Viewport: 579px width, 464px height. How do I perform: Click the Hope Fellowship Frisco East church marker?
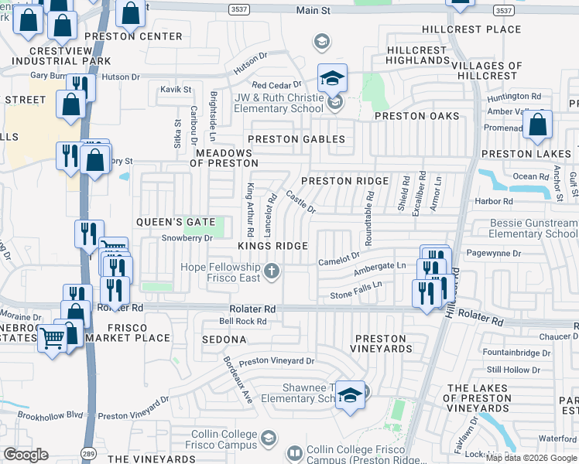pos(271,271)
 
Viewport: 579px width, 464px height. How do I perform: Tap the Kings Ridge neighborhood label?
pos(272,246)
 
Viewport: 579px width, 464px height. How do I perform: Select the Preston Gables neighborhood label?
pos(296,139)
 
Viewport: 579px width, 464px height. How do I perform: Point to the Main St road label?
pos(313,11)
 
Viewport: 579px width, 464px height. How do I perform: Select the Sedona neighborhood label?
pos(224,339)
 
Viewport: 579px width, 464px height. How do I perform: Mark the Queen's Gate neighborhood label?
pos(175,222)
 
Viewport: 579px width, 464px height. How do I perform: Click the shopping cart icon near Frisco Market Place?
pos(52,339)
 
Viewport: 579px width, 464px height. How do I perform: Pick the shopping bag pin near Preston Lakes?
pos(538,125)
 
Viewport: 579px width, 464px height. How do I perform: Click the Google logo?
pos(26,455)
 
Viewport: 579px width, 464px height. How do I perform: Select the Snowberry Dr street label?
pos(187,238)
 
